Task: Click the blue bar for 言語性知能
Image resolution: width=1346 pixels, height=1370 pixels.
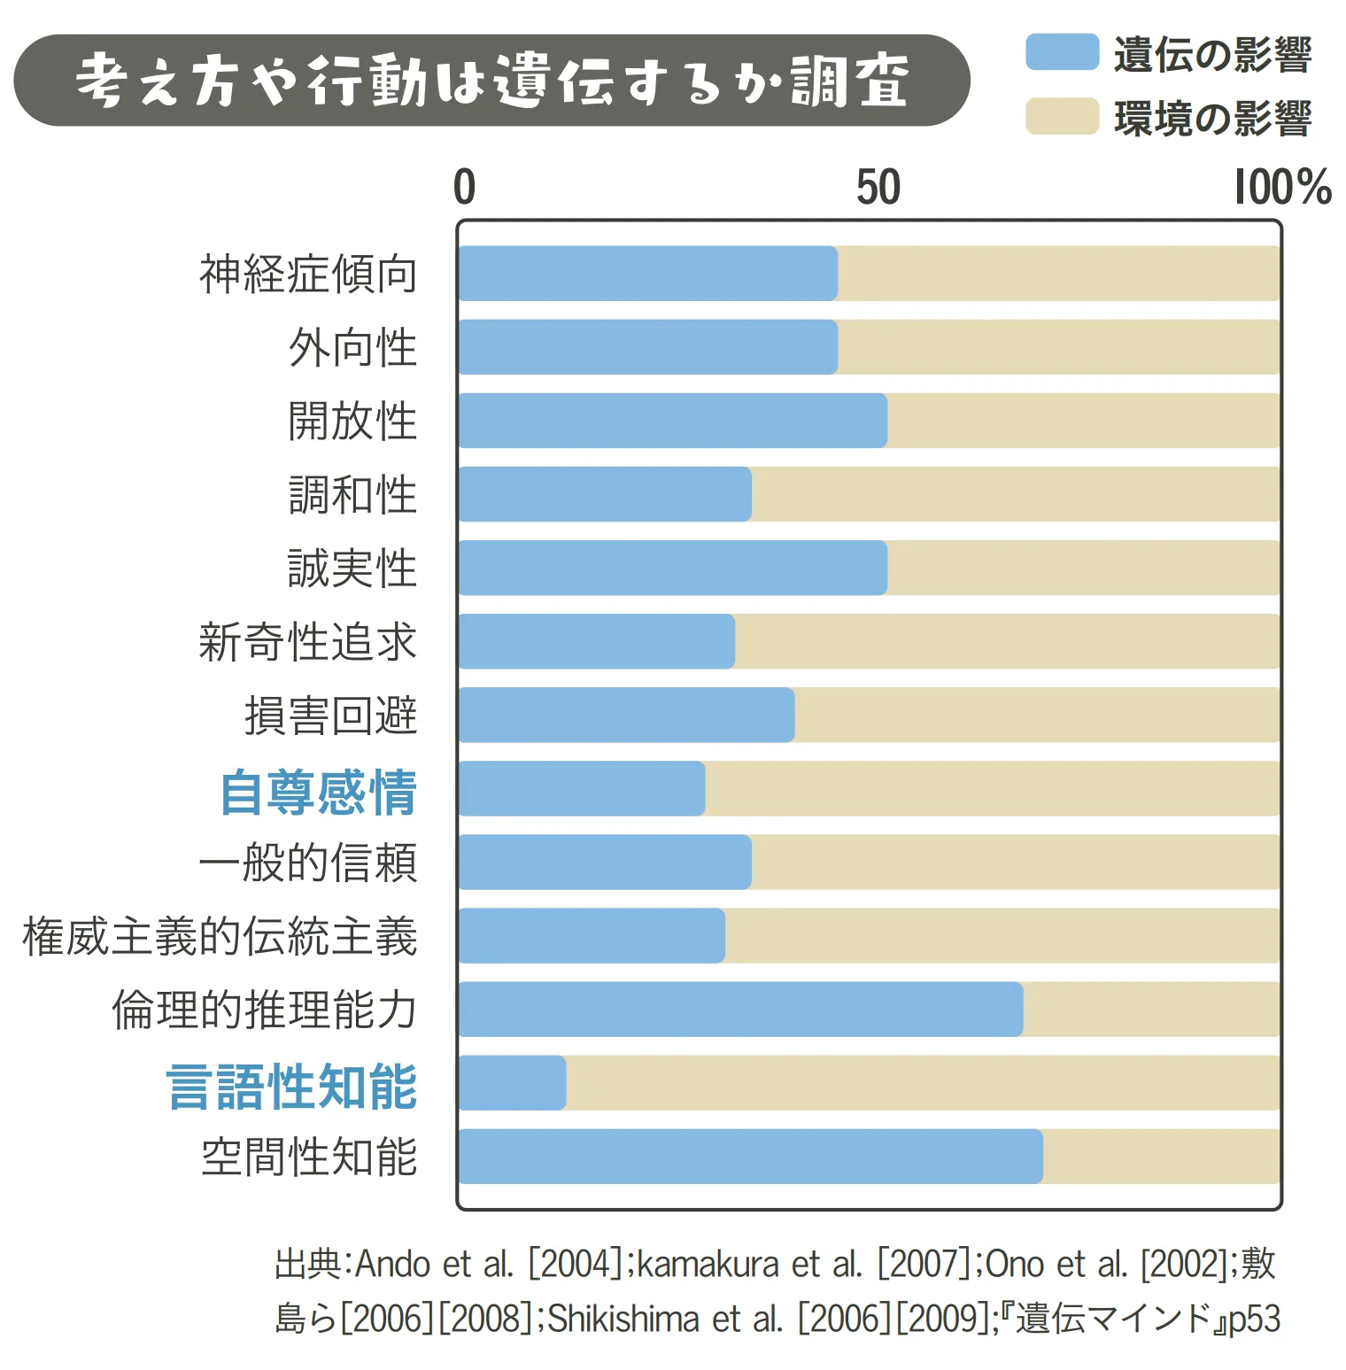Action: click(512, 1082)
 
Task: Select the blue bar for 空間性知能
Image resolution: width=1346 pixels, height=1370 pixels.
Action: click(750, 1156)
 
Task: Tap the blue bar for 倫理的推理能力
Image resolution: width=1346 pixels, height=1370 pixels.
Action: click(740, 1009)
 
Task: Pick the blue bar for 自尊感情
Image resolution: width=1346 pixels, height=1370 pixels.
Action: click(582, 788)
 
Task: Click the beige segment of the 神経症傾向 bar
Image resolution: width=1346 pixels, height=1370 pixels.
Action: click(1058, 274)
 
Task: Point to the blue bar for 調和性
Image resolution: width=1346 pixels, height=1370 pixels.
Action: click(605, 494)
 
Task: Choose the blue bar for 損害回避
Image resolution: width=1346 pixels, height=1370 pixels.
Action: click(626, 715)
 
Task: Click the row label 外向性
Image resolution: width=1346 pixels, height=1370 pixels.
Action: click(352, 347)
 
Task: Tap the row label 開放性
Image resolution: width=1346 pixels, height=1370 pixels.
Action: click(352, 421)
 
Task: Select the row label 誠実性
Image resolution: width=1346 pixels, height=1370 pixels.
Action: click(352, 568)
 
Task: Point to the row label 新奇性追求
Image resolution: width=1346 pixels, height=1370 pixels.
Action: click(308, 641)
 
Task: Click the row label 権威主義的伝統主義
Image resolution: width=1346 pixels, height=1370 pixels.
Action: click(220, 936)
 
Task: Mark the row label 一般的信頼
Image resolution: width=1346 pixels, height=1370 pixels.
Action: click(308, 863)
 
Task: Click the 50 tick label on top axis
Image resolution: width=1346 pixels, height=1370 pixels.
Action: click(878, 187)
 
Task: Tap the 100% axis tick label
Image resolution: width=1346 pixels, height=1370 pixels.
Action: click(1282, 187)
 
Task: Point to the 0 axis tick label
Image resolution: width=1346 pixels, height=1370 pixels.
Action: click(464, 187)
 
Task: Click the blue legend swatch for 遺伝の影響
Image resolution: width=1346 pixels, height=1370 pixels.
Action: click(1062, 52)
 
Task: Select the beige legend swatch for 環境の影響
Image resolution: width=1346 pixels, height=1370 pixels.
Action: click(1062, 117)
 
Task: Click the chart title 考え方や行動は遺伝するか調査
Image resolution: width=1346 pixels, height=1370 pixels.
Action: click(491, 81)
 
